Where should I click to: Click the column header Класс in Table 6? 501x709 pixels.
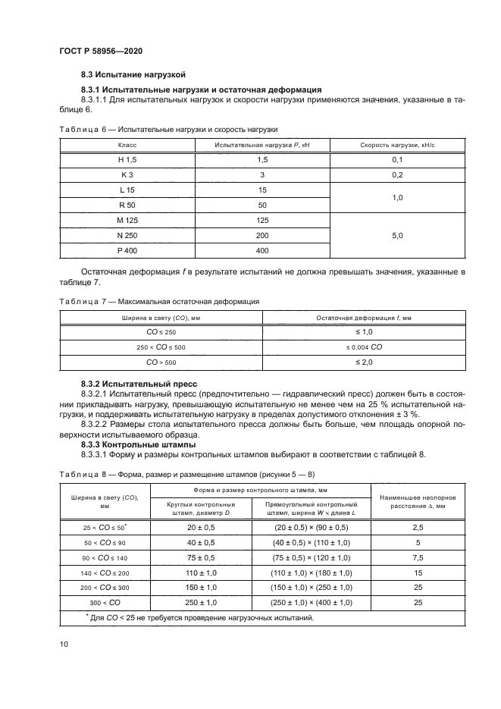(x=127, y=144)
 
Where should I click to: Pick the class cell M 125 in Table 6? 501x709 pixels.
(x=127, y=220)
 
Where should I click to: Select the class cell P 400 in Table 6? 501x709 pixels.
(x=127, y=250)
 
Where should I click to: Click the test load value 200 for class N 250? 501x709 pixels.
(x=262, y=235)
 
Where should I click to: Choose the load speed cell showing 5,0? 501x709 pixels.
(x=397, y=236)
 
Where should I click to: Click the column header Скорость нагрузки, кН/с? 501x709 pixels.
(x=397, y=144)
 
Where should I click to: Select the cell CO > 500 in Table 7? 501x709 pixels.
(x=160, y=362)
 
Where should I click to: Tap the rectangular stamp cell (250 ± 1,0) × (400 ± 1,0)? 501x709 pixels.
(x=312, y=601)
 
